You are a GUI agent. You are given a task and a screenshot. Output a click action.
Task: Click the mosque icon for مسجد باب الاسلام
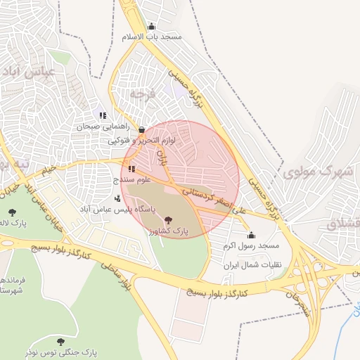pyautogui.click(x=151, y=27)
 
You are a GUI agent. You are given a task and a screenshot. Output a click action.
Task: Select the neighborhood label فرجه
pyautogui.click(x=141, y=93)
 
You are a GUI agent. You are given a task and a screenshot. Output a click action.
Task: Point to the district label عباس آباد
pyautogui.click(x=27, y=72)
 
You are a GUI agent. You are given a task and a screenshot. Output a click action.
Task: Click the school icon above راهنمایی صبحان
pyautogui.click(x=103, y=116)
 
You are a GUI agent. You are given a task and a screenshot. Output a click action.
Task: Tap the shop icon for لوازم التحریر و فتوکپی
pyautogui.click(x=142, y=130)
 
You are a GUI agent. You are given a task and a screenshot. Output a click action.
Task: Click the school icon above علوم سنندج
pyautogui.click(x=131, y=169)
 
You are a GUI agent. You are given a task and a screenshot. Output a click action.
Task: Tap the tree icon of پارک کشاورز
pyautogui.click(x=167, y=220)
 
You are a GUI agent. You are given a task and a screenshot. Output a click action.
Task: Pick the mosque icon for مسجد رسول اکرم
pyautogui.click(x=251, y=235)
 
